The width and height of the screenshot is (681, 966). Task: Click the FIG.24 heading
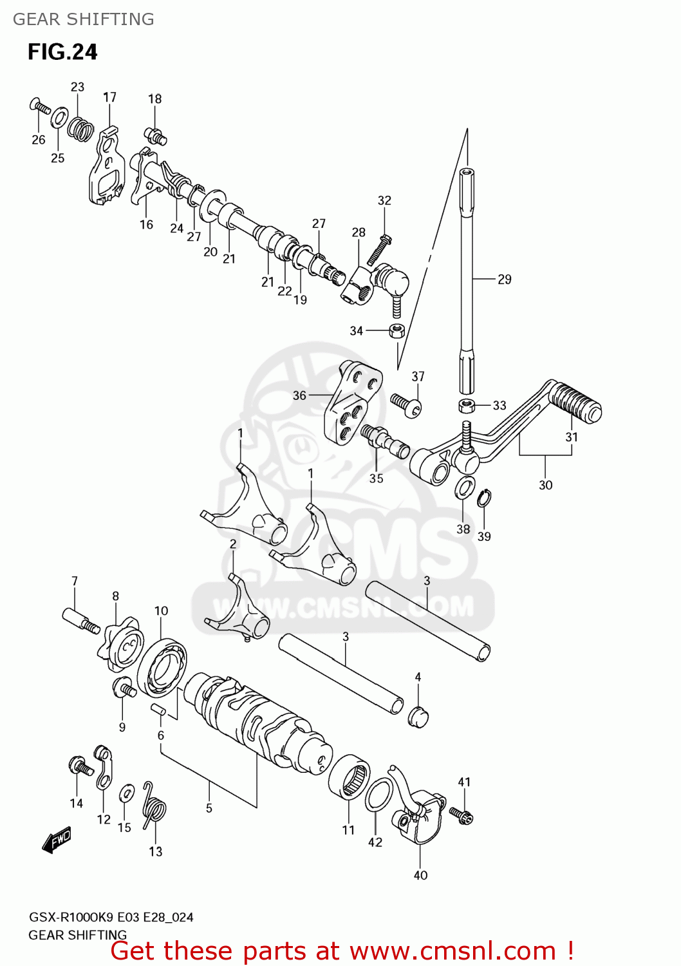pos(62,52)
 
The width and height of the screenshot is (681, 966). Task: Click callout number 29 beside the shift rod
pos(505,279)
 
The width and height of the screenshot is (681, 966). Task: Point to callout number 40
pos(420,875)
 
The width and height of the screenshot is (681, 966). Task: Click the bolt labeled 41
pos(462,815)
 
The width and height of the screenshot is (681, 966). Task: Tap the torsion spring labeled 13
pos(154,807)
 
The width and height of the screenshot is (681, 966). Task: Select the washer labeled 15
pos(127,793)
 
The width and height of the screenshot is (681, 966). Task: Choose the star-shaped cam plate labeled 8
pos(122,643)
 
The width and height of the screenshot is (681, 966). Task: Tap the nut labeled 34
pos(396,332)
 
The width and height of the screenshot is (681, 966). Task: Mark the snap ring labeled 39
pos(484,498)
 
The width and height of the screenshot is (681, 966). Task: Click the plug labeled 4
pos(418,716)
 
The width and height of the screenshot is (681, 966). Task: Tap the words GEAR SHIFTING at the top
pos(84,19)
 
